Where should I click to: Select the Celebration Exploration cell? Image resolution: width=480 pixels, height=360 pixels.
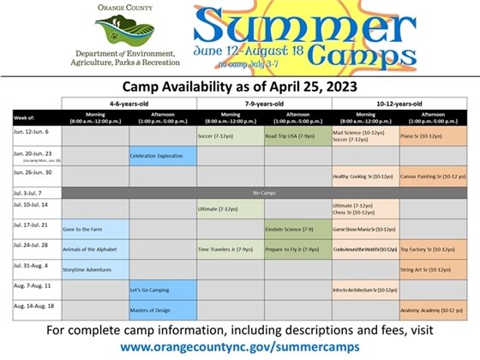(162, 156)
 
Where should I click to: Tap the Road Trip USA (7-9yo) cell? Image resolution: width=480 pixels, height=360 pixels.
(297, 136)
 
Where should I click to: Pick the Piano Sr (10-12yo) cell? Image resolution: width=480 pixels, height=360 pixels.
(431, 136)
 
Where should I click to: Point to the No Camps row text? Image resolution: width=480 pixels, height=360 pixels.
(263, 192)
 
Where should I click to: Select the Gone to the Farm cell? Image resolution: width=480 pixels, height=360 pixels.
(94, 230)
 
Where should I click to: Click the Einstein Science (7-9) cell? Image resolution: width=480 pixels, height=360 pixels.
(297, 230)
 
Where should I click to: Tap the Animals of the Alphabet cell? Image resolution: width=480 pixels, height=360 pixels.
(94, 249)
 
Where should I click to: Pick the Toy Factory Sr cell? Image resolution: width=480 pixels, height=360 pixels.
(431, 249)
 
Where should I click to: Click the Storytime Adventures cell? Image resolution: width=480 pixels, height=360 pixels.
(94, 269)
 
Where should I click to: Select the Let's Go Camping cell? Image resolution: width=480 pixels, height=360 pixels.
(162, 290)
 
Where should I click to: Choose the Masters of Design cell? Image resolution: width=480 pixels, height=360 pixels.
(162, 309)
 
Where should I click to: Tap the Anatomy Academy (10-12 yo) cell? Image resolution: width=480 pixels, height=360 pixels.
(431, 309)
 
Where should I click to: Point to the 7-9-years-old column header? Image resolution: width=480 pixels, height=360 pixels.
(263, 102)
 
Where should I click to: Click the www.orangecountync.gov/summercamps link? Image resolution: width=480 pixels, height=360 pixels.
(240, 347)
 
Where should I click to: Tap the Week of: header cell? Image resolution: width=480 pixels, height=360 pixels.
(35, 117)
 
